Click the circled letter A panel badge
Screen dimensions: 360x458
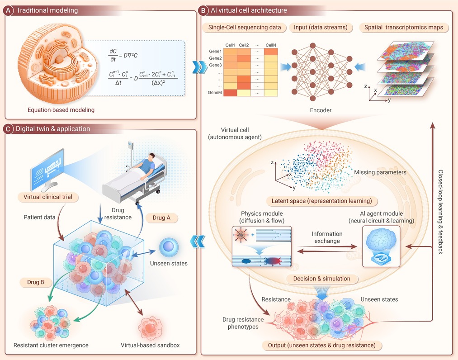click(x=9, y=10)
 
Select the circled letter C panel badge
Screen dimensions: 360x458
click(x=9, y=129)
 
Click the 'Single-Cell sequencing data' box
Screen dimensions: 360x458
click(x=245, y=28)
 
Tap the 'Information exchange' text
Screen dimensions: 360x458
click(x=327, y=237)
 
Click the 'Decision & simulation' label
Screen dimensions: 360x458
click(x=321, y=278)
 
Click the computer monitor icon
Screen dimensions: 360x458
click(x=47, y=172)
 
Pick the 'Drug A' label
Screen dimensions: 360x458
click(x=161, y=218)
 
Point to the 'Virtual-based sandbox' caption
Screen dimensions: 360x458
click(x=150, y=346)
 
